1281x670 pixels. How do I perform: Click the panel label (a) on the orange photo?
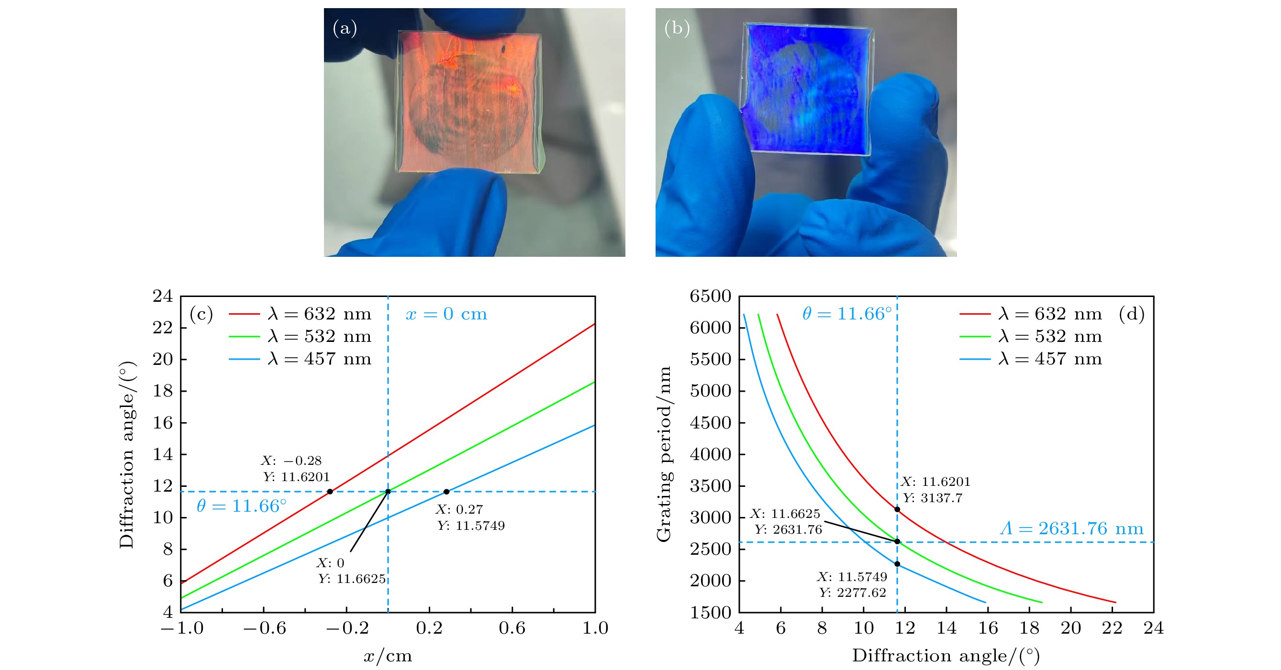pyautogui.click(x=345, y=28)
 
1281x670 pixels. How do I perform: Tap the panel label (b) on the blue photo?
pyautogui.click(x=677, y=28)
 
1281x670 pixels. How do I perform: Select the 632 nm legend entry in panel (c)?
pyautogui.click(x=300, y=314)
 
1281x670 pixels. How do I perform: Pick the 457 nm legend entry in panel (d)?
pyautogui.click(x=1030, y=359)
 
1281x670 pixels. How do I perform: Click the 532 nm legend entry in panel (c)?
pyautogui.click(x=300, y=337)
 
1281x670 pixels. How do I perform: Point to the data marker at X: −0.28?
pyautogui.click(x=330, y=492)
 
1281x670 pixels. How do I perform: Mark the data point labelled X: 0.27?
pyautogui.click(x=446, y=492)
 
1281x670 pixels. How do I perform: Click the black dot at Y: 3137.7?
pyautogui.click(x=897, y=509)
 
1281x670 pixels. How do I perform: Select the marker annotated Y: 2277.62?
pyautogui.click(x=897, y=564)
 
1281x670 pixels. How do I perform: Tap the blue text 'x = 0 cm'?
pyautogui.click(x=446, y=314)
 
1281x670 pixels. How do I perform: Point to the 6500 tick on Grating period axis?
pyautogui.click(x=710, y=297)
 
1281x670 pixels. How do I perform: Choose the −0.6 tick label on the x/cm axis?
pyautogui.click(x=264, y=628)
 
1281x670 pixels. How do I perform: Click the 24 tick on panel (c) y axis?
pyautogui.click(x=163, y=297)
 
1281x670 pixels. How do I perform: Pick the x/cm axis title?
pyautogui.click(x=388, y=656)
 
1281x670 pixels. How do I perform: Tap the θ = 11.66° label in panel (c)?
pyautogui.click(x=241, y=506)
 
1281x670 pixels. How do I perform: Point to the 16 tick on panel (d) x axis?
pyautogui.click(x=988, y=628)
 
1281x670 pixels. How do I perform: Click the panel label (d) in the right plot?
pyautogui.click(x=1132, y=314)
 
